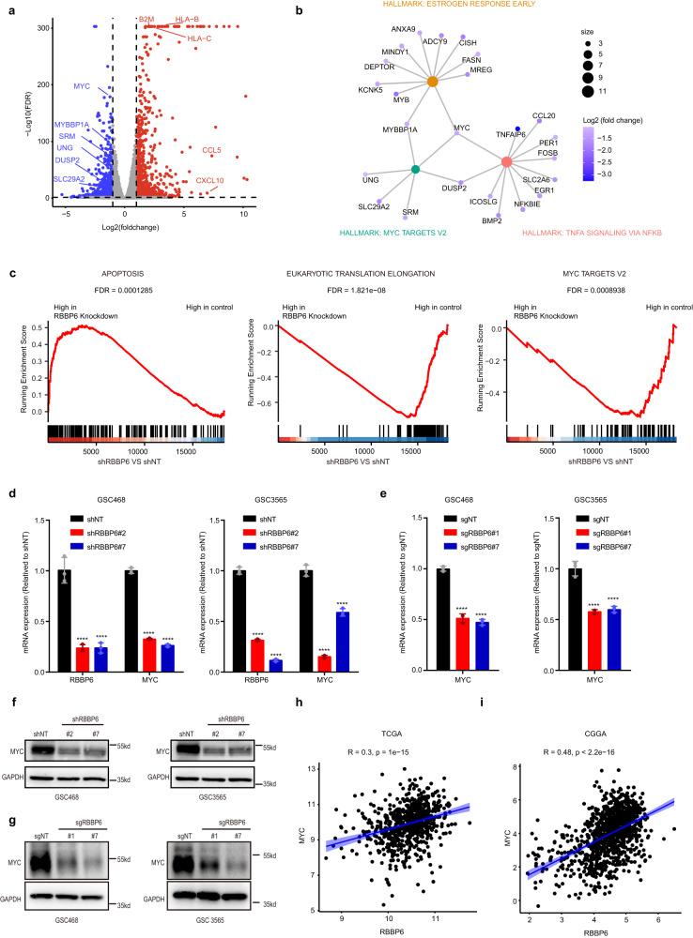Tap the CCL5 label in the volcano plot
(x=212, y=149)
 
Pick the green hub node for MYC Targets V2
(x=415, y=170)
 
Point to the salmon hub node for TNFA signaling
(x=507, y=162)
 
